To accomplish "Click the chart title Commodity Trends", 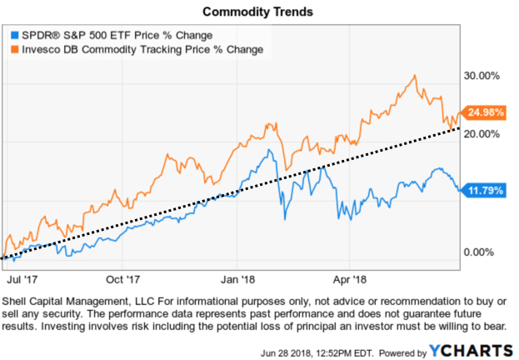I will [x=259, y=12].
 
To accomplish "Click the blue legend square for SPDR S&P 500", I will [x=13, y=35].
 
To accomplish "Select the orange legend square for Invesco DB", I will [x=13, y=49].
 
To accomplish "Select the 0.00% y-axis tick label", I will [x=482, y=252].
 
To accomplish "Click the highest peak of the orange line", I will [x=414, y=76].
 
